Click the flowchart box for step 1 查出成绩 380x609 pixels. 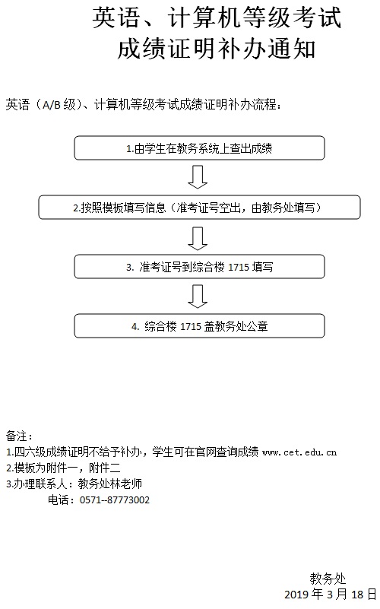click(x=199, y=148)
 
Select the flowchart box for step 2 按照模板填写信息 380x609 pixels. click(x=199, y=208)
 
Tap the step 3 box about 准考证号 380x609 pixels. click(x=199, y=267)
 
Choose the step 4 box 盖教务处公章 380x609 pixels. click(x=199, y=326)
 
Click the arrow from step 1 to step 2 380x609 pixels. click(x=198, y=177)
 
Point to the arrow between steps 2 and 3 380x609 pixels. click(x=198, y=237)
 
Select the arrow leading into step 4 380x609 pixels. click(x=198, y=297)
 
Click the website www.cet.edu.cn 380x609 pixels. click(x=299, y=452)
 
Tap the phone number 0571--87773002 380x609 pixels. click(x=115, y=500)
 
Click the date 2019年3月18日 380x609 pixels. click(x=331, y=595)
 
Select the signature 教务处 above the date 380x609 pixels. click(x=328, y=579)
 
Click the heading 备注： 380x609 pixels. click(x=20, y=436)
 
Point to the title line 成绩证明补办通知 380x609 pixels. click(x=216, y=49)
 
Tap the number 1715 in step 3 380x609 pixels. click(x=239, y=267)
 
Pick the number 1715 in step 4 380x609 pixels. click(x=191, y=326)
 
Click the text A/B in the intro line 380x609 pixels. click(x=51, y=105)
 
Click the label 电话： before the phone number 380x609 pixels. click(x=62, y=500)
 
